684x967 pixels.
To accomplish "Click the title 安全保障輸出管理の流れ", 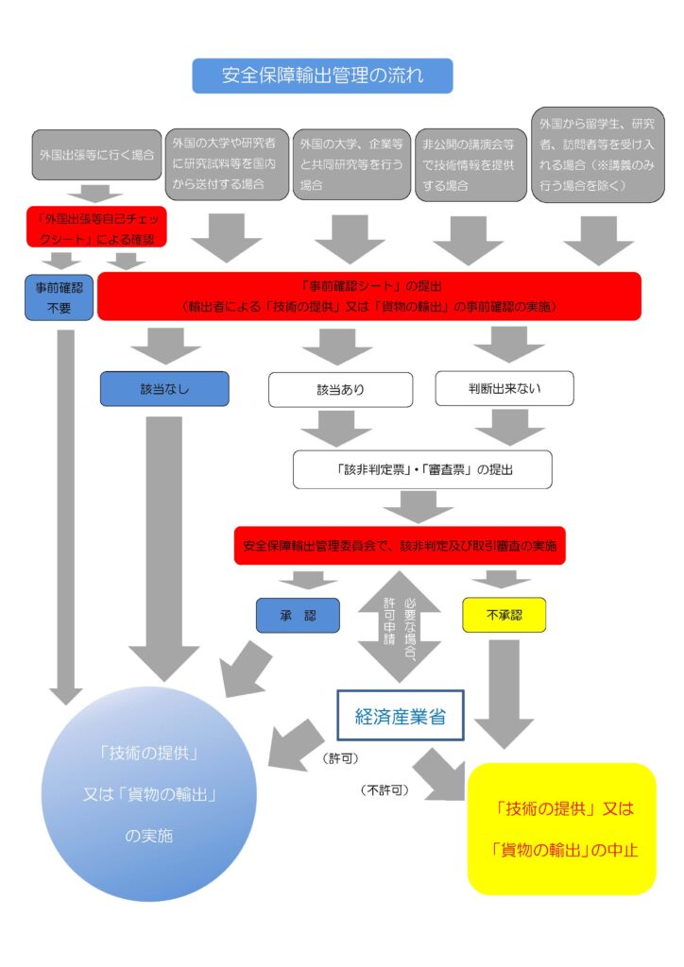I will click(x=322, y=76).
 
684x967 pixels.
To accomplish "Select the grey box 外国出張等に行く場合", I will click(x=96, y=154).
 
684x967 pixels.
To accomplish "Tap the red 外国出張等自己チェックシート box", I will click(x=96, y=227).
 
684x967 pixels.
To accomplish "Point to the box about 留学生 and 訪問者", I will click(x=596, y=154).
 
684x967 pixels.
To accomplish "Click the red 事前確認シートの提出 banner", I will click(x=369, y=296).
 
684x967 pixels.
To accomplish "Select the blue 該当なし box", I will click(x=164, y=388).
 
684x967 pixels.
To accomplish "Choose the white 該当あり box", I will click(x=340, y=389).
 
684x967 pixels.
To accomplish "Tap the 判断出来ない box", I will click(x=506, y=388).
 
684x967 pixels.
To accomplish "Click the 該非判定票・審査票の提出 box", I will click(x=422, y=468).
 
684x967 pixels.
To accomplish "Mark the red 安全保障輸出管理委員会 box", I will click(x=400, y=546).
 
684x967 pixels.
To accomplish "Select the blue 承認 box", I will click(x=298, y=616).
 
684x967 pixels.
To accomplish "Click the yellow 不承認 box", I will click(x=504, y=616).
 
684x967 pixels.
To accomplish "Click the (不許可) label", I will click(x=385, y=789).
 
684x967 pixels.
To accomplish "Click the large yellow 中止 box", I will click(x=562, y=828).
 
